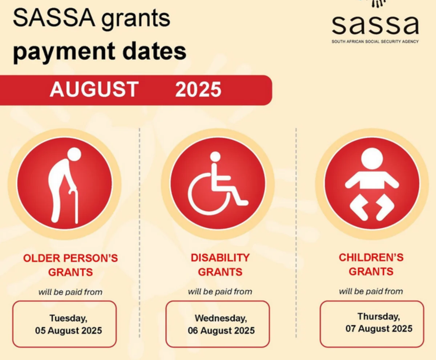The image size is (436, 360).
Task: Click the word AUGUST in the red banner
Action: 94,89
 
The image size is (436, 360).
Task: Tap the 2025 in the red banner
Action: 198,89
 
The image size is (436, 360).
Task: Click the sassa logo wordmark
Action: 375,24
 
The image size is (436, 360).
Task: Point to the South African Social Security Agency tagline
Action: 375,41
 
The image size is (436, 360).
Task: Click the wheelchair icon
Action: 218,184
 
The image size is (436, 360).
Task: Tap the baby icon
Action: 372,184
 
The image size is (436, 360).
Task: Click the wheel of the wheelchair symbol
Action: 207,196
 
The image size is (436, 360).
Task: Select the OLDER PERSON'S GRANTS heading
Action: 70,265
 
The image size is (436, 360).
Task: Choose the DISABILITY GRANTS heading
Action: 220,265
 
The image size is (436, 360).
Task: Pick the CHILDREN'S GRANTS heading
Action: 371,264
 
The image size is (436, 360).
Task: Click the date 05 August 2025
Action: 69,331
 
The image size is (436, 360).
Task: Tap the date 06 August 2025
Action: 221,331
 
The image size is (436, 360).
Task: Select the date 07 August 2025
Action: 379,329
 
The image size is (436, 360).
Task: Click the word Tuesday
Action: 68,318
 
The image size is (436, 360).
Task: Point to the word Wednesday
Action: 221,318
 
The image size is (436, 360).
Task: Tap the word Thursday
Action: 379,316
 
